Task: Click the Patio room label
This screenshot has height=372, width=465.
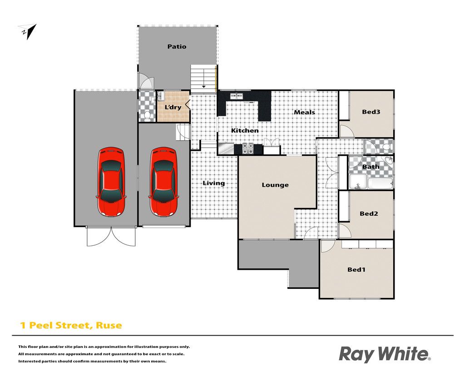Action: click(177, 47)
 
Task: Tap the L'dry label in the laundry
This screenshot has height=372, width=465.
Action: click(173, 107)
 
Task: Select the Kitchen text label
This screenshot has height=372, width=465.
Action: click(245, 130)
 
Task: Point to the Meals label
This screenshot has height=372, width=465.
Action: click(304, 112)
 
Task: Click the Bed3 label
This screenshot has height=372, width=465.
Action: click(371, 112)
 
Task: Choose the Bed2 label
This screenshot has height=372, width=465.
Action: click(369, 213)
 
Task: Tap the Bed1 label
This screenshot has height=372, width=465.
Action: click(356, 270)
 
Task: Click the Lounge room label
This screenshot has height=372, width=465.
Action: click(275, 185)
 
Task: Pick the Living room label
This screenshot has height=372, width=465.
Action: click(213, 184)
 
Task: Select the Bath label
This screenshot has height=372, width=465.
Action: click(371, 167)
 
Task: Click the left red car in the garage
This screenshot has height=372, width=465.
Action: click(111, 182)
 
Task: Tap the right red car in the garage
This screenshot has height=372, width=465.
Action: click(163, 182)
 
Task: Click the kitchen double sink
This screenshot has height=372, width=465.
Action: click(237, 96)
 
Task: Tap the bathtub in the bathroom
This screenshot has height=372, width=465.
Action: click(380, 184)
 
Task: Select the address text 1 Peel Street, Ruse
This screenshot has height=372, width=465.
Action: click(71, 325)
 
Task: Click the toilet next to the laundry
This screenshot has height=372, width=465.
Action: click(147, 116)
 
